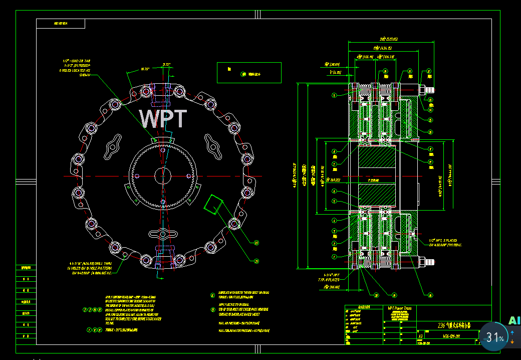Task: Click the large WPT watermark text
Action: [x=163, y=118]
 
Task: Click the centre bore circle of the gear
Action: [x=162, y=176]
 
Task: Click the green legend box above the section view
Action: [x=249, y=72]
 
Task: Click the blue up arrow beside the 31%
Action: [x=512, y=332]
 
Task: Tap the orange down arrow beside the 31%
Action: [x=512, y=341]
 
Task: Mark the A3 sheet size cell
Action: [x=420, y=336]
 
